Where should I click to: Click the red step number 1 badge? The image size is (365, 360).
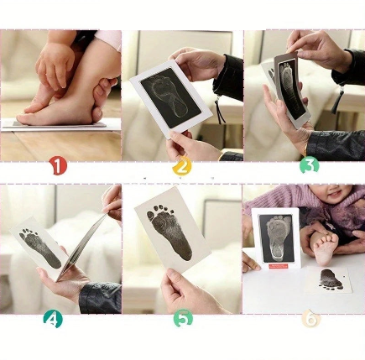(58, 166)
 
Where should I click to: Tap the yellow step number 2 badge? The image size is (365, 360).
(182, 167)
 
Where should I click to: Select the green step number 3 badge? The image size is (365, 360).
(310, 165)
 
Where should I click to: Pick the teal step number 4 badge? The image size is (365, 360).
(53, 319)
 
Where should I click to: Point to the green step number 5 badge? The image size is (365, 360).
(183, 318)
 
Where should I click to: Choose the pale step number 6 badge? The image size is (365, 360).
(310, 318)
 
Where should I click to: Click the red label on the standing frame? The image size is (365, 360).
(281, 266)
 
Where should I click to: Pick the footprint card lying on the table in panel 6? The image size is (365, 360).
(330, 279)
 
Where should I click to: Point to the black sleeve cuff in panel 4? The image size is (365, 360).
(100, 297)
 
